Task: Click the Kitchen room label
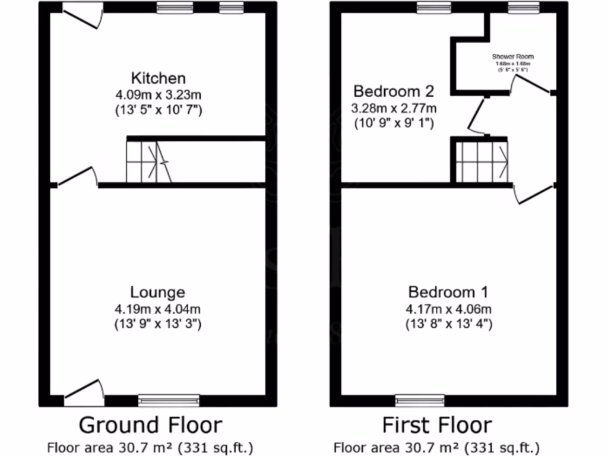coord(158,78)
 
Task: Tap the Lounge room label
coord(157,292)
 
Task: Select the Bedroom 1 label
coord(448,292)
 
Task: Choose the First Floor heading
coord(436,425)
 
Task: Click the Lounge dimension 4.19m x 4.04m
coord(157,309)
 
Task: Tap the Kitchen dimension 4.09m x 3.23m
coord(158,94)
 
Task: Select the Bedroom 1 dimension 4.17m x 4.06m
coord(448,309)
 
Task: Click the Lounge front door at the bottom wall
coord(84,392)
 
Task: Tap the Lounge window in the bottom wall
coord(169,401)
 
